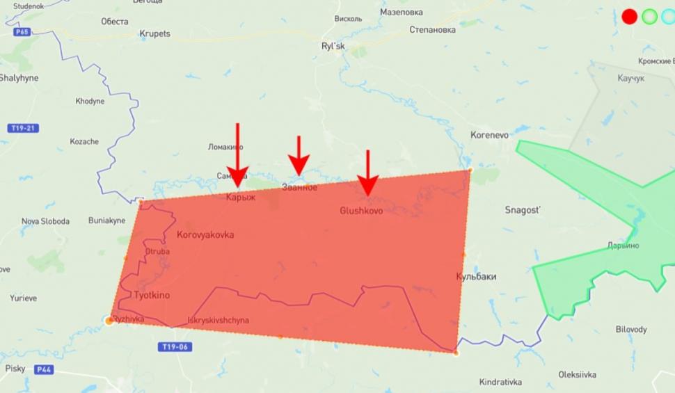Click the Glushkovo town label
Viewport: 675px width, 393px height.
click(x=361, y=211)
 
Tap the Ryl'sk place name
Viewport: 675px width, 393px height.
click(x=333, y=47)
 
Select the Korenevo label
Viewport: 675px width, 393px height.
click(x=490, y=134)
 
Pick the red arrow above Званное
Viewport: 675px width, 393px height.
click(x=299, y=157)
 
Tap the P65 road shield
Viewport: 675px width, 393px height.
click(x=22, y=31)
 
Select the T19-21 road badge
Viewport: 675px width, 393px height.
click(x=24, y=129)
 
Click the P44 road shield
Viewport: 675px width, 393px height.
click(x=45, y=369)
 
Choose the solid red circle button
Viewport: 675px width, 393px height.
click(x=629, y=17)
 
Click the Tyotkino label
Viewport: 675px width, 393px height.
click(x=152, y=296)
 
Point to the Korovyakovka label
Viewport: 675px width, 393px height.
click(x=205, y=235)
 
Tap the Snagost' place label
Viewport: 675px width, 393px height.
click(x=523, y=210)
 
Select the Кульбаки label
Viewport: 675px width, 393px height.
click(x=476, y=277)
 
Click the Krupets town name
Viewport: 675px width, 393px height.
click(x=154, y=33)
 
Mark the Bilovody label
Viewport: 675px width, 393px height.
click(x=630, y=330)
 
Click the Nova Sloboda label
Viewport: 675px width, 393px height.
click(x=45, y=221)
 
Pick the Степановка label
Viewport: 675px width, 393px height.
click(x=432, y=30)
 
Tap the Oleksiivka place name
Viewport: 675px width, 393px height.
click(x=577, y=375)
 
